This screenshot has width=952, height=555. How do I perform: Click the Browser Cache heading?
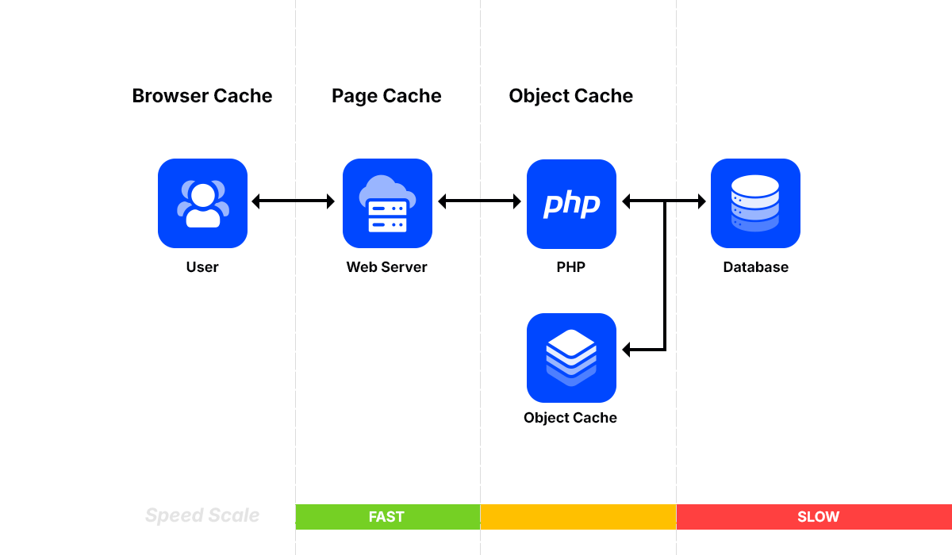pyautogui.click(x=202, y=96)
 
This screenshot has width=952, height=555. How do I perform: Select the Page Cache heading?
pyautogui.click(x=386, y=96)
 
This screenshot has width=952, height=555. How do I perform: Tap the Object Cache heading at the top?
pyautogui.click(x=571, y=96)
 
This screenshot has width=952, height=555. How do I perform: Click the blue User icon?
pyautogui.click(x=202, y=203)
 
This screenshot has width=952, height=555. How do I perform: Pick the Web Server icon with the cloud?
pyautogui.click(x=387, y=203)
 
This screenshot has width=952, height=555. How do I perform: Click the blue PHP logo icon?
pyautogui.click(x=571, y=204)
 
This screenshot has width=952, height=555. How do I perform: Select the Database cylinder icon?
pyautogui.click(x=755, y=203)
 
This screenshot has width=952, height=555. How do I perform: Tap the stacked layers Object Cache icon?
pyautogui.click(x=571, y=358)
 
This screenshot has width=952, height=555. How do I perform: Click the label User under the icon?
pyautogui.click(x=202, y=267)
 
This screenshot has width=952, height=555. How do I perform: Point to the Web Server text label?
pyautogui.click(x=386, y=267)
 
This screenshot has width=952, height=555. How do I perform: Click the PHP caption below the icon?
pyautogui.click(x=571, y=267)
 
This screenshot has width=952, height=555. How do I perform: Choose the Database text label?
pyautogui.click(x=755, y=267)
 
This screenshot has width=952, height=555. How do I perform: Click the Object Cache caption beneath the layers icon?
pyautogui.click(x=570, y=418)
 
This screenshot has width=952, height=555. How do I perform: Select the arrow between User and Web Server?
pyautogui.click(x=294, y=201)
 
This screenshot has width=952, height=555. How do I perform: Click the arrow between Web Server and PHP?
pyautogui.click(x=479, y=201)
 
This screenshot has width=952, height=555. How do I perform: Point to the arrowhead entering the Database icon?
pyautogui.click(x=701, y=201)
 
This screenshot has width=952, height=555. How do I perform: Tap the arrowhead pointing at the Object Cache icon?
pyautogui.click(x=628, y=350)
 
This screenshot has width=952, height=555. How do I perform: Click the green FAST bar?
pyautogui.click(x=387, y=517)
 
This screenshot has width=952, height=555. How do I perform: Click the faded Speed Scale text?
pyautogui.click(x=202, y=516)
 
